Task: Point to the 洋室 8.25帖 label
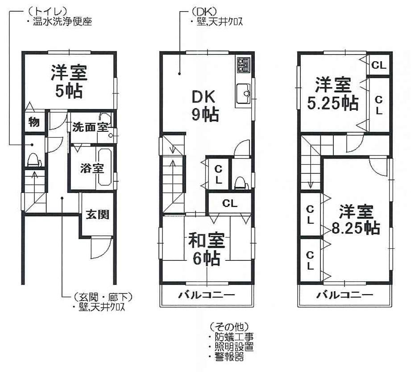click(355, 220)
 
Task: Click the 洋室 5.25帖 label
click(333, 94)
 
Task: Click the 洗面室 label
click(90, 127)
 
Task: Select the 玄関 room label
click(97, 215)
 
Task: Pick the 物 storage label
click(34, 122)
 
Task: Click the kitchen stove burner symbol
click(244, 64)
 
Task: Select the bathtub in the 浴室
click(105, 168)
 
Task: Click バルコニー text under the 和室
click(207, 295)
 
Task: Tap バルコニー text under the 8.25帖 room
click(345, 295)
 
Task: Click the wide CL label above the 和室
click(230, 204)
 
